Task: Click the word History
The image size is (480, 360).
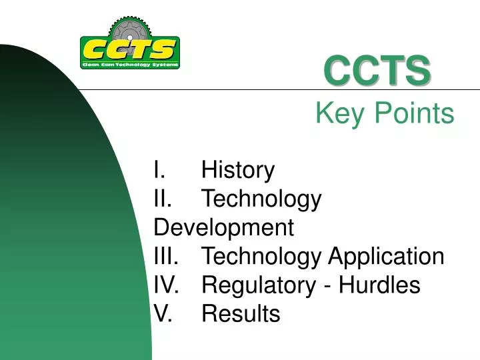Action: coord(238,170)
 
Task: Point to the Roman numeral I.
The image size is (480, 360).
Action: coord(156,170)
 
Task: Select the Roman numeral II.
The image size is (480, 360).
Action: coord(161,199)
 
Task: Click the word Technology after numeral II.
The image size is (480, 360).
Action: coord(261,199)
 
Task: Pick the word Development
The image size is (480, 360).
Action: coord(223,227)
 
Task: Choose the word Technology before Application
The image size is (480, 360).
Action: coord(261,256)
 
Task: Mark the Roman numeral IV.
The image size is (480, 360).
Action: coord(165,285)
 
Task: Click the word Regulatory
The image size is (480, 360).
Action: coord(259,285)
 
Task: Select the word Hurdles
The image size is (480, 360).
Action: coord(379,285)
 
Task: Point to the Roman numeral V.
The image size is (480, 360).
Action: coord(161,313)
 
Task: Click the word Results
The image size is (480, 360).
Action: coord(241,313)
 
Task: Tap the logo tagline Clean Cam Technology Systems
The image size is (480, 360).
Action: coord(129,65)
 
